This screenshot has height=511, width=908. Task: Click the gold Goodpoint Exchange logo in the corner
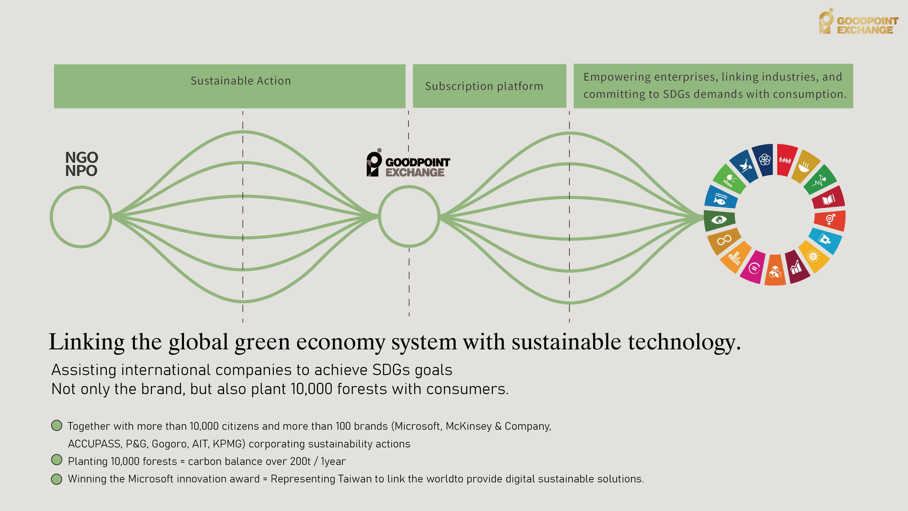tap(858, 22)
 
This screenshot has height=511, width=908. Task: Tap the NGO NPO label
tap(81, 164)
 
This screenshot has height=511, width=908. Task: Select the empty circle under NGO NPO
tap(81, 217)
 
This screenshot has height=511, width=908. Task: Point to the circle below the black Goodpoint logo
tap(409, 216)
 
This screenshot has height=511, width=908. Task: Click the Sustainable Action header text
tap(241, 81)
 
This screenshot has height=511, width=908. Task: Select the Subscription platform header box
tap(489, 86)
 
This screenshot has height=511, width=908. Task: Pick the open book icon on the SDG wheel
tap(828, 200)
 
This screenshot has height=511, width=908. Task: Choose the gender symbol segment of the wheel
tap(830, 219)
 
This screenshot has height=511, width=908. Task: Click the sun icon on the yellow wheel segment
tap(813, 256)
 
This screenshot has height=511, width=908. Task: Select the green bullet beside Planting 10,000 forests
tap(57, 460)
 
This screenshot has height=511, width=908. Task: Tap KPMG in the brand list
tap(227, 444)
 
